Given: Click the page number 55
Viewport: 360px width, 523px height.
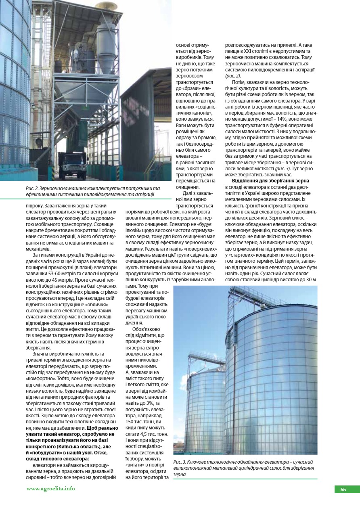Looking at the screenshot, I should pos(343,490).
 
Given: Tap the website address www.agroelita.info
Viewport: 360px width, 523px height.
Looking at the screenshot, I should pos(50,488).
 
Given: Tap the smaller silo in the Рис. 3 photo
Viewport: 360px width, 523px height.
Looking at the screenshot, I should pos(204,408).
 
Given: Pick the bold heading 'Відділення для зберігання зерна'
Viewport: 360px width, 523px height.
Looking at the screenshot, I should pos(270,181).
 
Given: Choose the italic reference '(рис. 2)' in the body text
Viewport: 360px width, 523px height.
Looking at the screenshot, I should pos(232,75).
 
